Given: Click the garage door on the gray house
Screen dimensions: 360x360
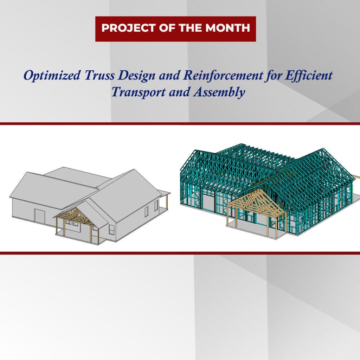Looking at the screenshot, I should tap(40, 215).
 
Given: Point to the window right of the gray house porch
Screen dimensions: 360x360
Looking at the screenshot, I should tap(111, 230).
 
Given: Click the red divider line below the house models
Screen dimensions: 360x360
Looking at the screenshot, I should tap(180, 253).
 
